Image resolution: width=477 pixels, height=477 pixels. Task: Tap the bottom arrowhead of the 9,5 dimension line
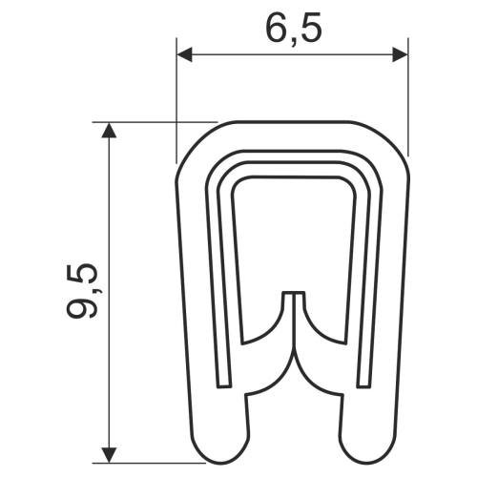click(112, 449)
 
